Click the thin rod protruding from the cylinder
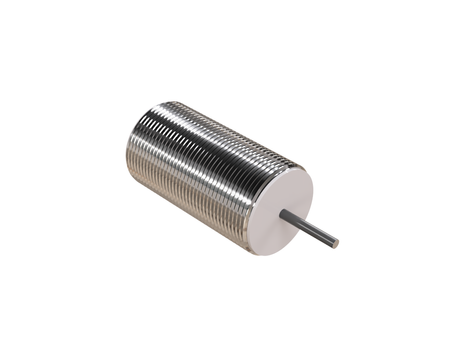pos(310,229)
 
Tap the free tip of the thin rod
pos(336,243)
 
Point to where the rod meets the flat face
pos(283,214)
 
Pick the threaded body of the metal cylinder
pos(200,160)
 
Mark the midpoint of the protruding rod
pos(310,229)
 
